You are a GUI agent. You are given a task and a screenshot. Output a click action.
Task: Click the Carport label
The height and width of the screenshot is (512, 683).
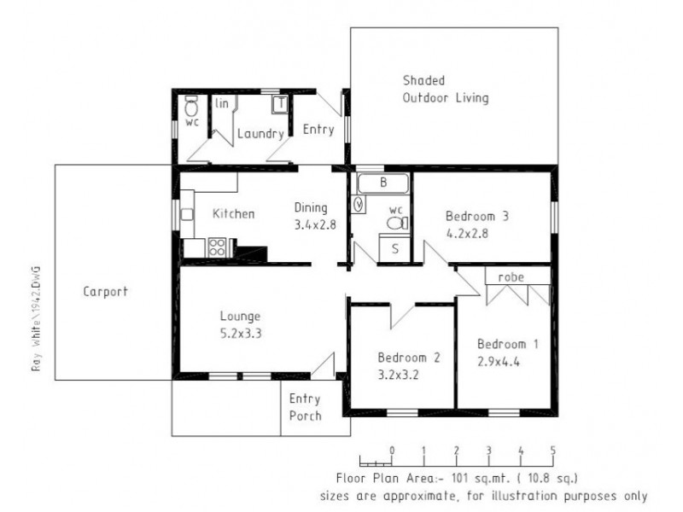105,291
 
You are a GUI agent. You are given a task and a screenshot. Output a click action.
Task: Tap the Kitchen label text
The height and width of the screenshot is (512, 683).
233,213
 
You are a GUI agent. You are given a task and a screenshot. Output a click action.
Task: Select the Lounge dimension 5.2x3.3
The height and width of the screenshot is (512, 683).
240,334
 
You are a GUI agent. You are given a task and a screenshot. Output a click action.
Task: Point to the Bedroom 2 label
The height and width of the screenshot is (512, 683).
408,358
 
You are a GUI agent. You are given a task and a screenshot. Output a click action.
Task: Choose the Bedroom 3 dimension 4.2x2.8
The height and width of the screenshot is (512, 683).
468,231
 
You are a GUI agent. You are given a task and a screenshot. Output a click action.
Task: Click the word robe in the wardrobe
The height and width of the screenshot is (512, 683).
510,276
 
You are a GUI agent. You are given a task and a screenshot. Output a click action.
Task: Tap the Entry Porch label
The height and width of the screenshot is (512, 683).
305,407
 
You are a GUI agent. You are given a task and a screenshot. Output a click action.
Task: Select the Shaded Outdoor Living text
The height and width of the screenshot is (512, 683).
446,89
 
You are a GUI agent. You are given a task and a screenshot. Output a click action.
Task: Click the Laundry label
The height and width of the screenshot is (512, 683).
260,134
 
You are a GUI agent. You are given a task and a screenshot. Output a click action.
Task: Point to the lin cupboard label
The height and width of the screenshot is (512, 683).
222,103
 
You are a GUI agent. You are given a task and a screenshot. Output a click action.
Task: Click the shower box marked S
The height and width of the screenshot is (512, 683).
394,250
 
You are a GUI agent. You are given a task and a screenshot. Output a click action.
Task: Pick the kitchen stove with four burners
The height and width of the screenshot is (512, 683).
217,247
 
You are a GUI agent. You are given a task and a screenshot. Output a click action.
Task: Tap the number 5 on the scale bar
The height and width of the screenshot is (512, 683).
553,451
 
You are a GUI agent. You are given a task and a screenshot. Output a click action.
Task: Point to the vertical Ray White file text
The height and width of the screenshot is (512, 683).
36,318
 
